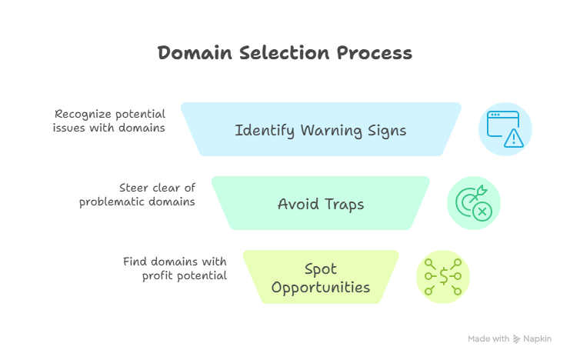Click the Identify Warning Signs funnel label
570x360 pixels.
[320, 130]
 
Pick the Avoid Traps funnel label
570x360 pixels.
[320, 205]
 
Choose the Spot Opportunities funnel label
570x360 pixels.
[320, 278]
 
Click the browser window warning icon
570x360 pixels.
[505, 129]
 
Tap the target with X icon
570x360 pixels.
[474, 203]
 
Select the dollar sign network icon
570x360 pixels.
[443, 277]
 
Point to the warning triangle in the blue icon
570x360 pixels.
[513, 138]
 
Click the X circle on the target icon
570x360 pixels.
[482, 211]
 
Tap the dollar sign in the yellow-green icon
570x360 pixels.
[443, 277]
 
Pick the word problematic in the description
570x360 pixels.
[118, 202]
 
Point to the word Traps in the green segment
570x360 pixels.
[343, 205]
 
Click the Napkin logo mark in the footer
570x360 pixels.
[517, 338]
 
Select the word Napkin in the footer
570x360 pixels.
[538, 338]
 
